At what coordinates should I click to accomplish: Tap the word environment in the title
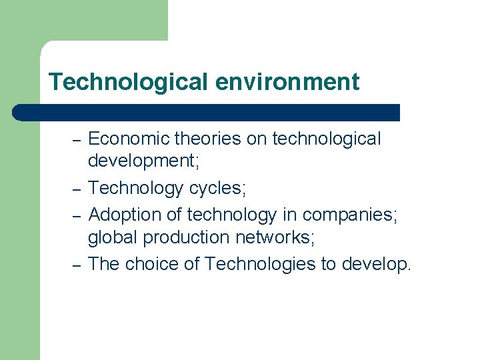pos(287,82)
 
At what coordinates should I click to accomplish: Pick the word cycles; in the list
pos(217,188)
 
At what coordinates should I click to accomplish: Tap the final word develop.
pos(377,264)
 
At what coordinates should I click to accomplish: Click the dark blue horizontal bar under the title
pos(207,112)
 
